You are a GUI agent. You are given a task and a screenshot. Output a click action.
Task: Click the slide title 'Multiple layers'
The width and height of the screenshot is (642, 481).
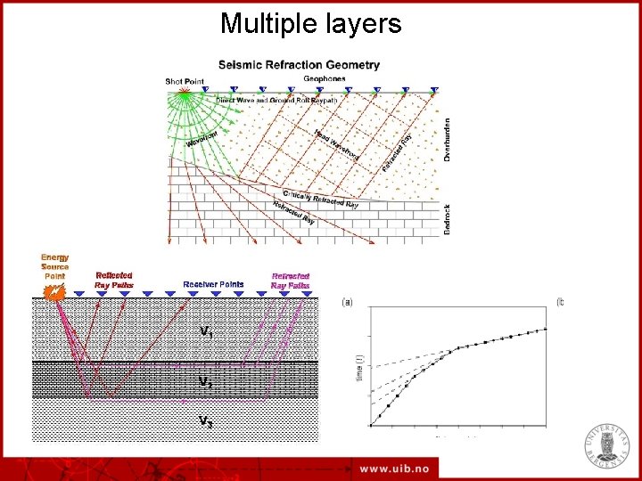(x=311, y=24)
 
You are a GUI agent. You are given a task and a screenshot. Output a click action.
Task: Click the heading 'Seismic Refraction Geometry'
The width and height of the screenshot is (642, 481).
(x=299, y=65)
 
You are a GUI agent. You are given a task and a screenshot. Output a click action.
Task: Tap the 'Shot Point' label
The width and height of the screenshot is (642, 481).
(x=185, y=81)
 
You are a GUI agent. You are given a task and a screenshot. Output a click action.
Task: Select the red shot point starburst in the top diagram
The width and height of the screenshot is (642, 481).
(x=185, y=91)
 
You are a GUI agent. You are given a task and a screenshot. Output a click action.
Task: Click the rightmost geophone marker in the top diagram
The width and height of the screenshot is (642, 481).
(x=434, y=90)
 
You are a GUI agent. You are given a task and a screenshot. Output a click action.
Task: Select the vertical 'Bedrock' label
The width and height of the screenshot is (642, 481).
(x=447, y=217)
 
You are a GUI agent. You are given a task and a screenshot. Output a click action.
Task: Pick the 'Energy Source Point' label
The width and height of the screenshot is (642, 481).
(x=54, y=267)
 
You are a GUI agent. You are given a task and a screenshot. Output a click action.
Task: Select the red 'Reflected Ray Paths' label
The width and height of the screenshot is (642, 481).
(x=114, y=280)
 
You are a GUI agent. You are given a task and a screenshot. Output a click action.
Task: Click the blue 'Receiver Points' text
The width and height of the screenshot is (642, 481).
(x=213, y=284)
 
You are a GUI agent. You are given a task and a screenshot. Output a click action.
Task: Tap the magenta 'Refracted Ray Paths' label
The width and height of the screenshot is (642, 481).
(x=291, y=280)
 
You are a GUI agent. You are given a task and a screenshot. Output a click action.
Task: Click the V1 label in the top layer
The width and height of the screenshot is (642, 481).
(x=206, y=331)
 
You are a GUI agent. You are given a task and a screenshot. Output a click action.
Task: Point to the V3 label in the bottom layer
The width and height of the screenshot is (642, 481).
(x=205, y=421)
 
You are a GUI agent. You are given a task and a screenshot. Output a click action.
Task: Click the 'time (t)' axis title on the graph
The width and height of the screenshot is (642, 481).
(x=358, y=366)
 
